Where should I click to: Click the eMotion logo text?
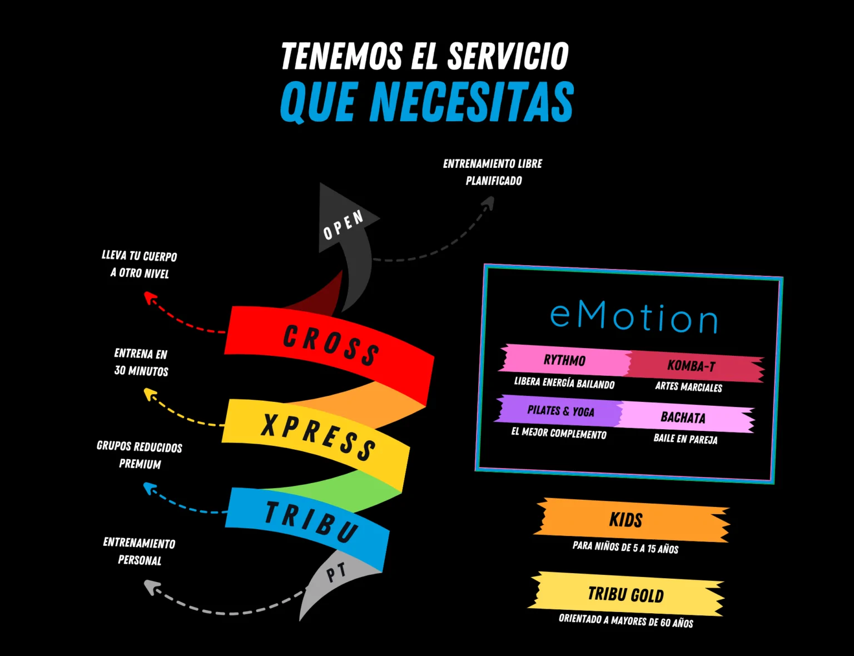tap(633, 318)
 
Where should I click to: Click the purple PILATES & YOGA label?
tap(560, 411)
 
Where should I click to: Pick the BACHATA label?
tap(684, 417)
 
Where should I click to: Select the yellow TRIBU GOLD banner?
tap(625, 594)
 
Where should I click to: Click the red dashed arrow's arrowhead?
tap(149, 297)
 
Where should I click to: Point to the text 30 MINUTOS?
tap(141, 371)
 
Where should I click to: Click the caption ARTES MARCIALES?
tap(688, 387)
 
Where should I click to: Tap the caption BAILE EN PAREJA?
tap(686, 439)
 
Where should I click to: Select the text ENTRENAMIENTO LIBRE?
tap(493, 164)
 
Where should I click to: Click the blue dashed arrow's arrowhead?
tap(149, 488)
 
